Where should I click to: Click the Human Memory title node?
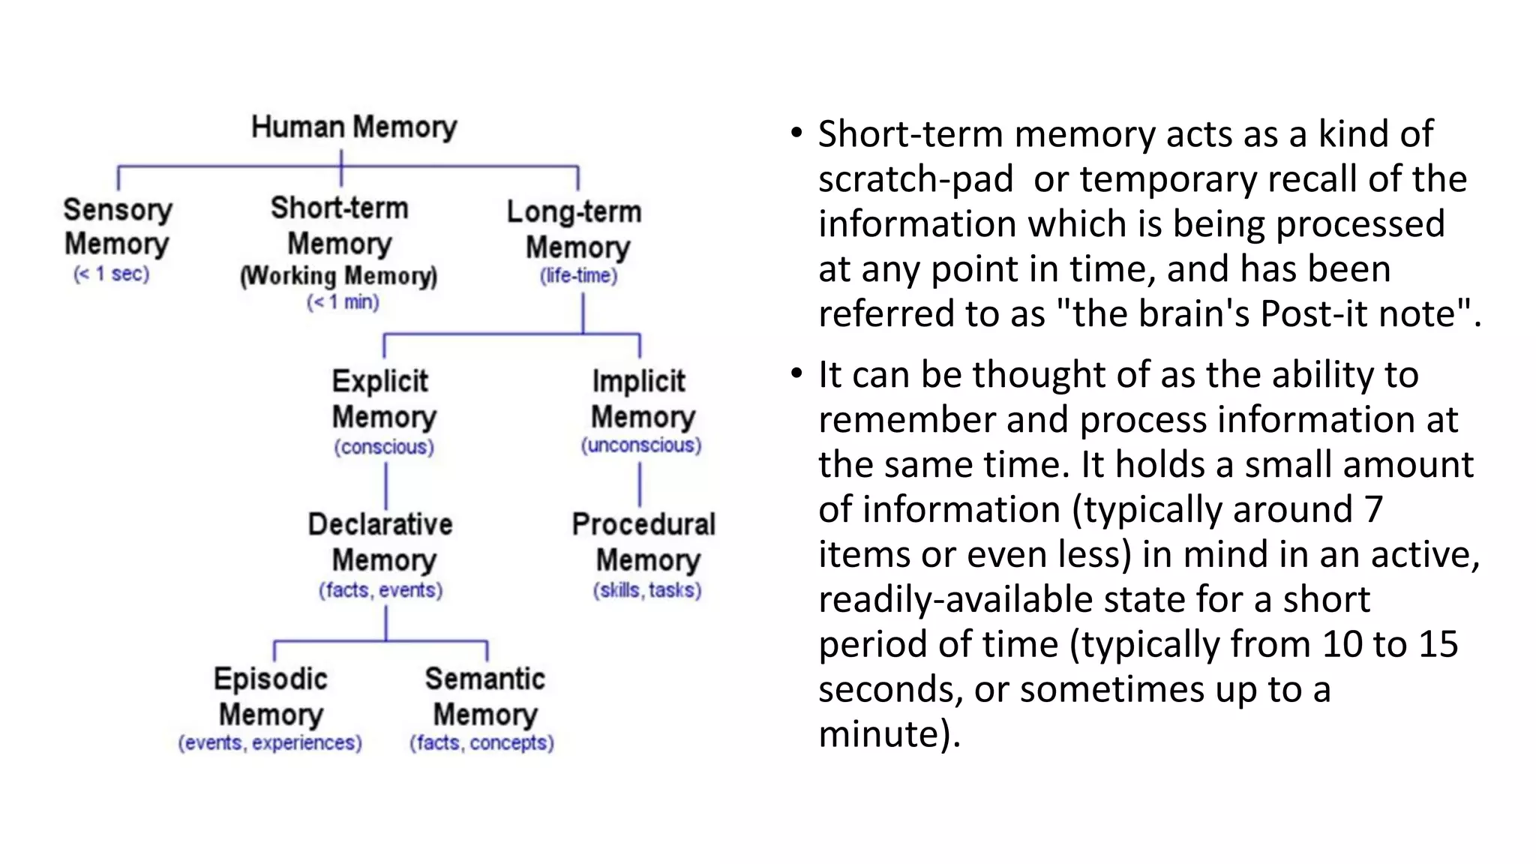coord(354,127)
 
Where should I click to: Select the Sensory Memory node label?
coord(118,226)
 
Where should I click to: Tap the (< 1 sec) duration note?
coord(112,274)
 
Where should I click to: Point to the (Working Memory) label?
coord(339,276)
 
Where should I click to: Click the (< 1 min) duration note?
coord(343,302)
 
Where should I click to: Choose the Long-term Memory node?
coord(575,229)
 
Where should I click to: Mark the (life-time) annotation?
coord(579,276)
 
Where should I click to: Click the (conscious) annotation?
coord(384,447)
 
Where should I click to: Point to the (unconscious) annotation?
coord(641,445)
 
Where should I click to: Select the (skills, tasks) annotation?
coord(647,590)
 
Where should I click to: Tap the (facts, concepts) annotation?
coord(481,742)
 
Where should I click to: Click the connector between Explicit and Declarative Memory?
coord(386,485)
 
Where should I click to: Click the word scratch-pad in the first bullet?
coord(916,179)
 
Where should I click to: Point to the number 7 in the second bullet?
coord(1373,509)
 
